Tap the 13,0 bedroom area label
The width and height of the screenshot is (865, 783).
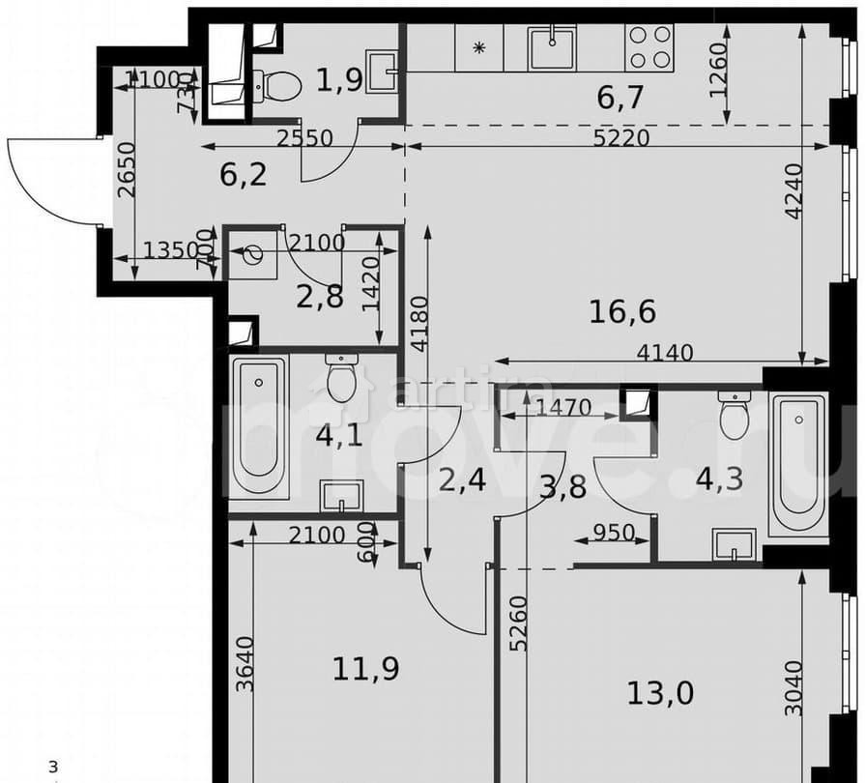660,692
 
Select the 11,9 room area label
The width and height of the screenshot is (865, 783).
366,667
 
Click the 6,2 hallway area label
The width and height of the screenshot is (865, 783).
243,174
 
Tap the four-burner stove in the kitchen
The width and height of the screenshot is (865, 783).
649,46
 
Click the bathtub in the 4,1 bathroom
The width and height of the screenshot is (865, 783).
259,426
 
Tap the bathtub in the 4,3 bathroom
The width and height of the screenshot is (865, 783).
798,464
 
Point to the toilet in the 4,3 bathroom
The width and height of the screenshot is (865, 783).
735,415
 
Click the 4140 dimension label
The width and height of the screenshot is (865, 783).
665,354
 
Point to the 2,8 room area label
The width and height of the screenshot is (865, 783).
320,297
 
